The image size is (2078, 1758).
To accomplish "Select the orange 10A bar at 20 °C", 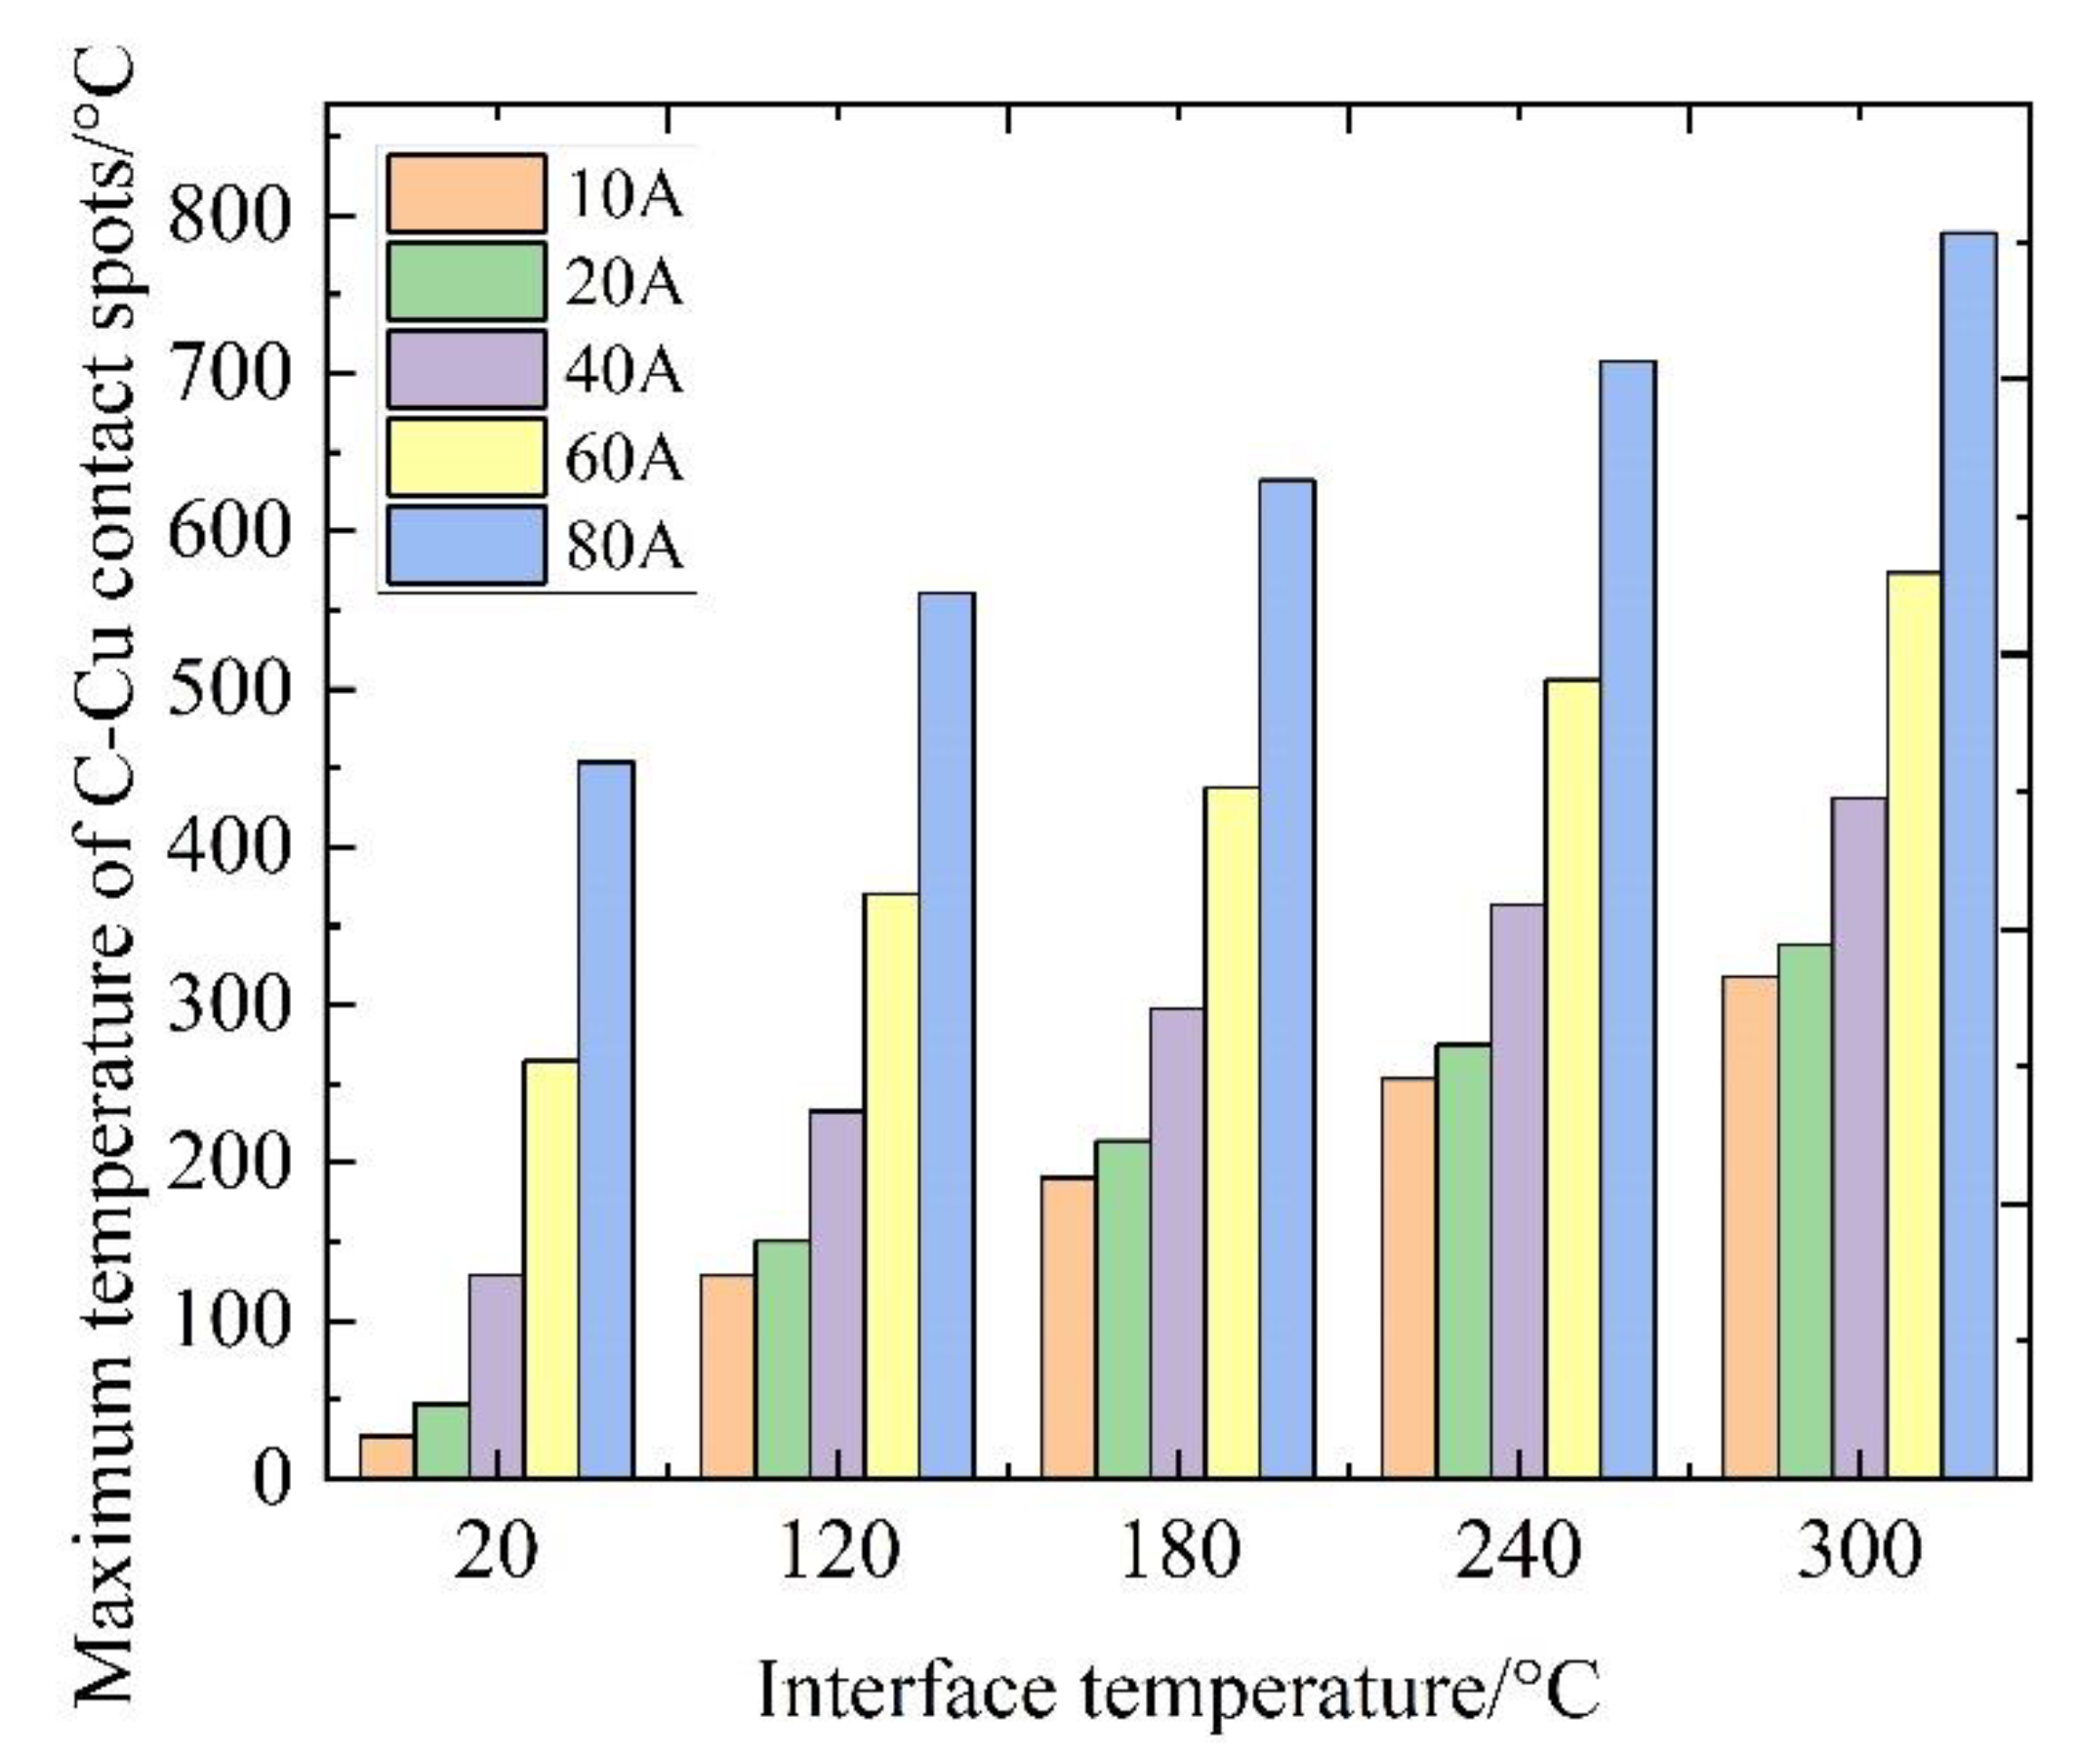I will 387,1456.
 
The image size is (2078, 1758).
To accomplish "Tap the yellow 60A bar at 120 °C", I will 892,1185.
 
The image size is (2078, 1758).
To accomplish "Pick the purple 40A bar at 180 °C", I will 1177,1242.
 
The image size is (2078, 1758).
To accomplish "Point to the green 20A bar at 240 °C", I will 1463,1261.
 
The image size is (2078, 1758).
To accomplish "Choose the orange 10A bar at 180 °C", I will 1068,1327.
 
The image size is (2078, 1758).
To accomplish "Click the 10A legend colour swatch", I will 467,193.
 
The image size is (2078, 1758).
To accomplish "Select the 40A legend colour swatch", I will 467,370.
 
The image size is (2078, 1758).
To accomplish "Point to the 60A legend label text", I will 625,459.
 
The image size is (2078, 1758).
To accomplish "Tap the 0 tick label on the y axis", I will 271,1478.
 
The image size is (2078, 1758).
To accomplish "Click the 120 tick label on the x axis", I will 838,1552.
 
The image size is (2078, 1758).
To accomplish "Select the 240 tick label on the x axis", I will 1518,1552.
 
